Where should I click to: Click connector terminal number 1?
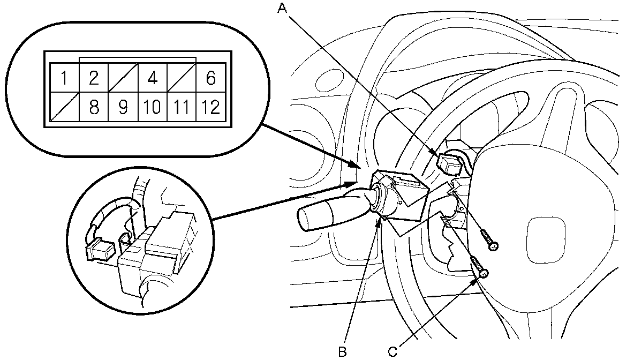tap(64, 78)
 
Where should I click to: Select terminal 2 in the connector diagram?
tap(94, 78)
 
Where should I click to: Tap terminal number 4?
tap(152, 78)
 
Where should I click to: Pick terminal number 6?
tap(210, 78)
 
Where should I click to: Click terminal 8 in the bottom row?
tap(94, 107)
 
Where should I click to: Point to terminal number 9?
tap(123, 107)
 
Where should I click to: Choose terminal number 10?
tap(152, 107)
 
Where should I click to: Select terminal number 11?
tap(182, 107)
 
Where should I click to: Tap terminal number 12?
tap(211, 107)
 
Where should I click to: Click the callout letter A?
tap(282, 7)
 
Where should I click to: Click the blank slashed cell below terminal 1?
tap(64, 107)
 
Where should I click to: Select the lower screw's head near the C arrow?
tap(484, 274)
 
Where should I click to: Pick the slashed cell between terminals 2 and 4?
tap(123, 78)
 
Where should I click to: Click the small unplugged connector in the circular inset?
tap(100, 250)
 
